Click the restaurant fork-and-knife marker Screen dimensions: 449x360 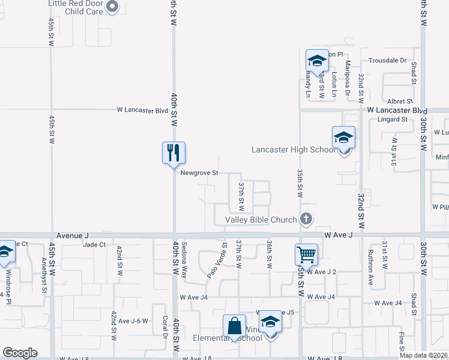[173, 152]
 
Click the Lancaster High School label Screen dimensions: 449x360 [294, 149]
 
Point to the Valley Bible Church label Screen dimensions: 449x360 [261, 220]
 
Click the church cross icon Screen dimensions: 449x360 [306, 219]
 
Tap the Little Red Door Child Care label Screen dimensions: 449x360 [76, 7]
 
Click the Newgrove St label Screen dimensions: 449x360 [199, 173]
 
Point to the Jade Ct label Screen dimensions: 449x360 [94, 245]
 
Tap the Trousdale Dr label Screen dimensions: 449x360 [387, 61]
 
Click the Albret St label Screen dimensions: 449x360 [400, 102]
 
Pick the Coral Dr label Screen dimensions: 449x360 [164, 327]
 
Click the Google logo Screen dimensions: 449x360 [20, 353]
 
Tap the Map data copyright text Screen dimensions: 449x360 [423, 355]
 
